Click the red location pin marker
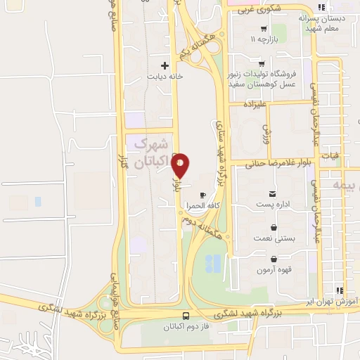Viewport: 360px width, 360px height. pyautogui.click(x=181, y=165)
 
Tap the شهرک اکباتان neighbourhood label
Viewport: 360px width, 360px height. pyautogui.click(x=151, y=153)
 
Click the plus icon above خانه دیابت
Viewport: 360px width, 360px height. pyautogui.click(x=165, y=65)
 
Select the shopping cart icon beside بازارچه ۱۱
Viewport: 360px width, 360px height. pyautogui.click(x=264, y=29)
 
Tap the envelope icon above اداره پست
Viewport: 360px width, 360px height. pyautogui.click(x=272, y=194)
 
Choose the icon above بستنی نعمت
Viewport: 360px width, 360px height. pyautogui.click(x=274, y=227)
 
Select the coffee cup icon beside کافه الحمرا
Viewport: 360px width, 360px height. pyautogui.click(x=202, y=195)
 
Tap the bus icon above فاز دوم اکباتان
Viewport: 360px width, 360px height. pyautogui.click(x=186, y=316)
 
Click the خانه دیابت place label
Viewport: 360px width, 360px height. pyautogui.click(x=165, y=76)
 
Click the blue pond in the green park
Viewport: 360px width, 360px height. pyautogui.click(x=213, y=264)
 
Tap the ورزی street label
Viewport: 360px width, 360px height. pyautogui.click(x=267, y=131)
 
